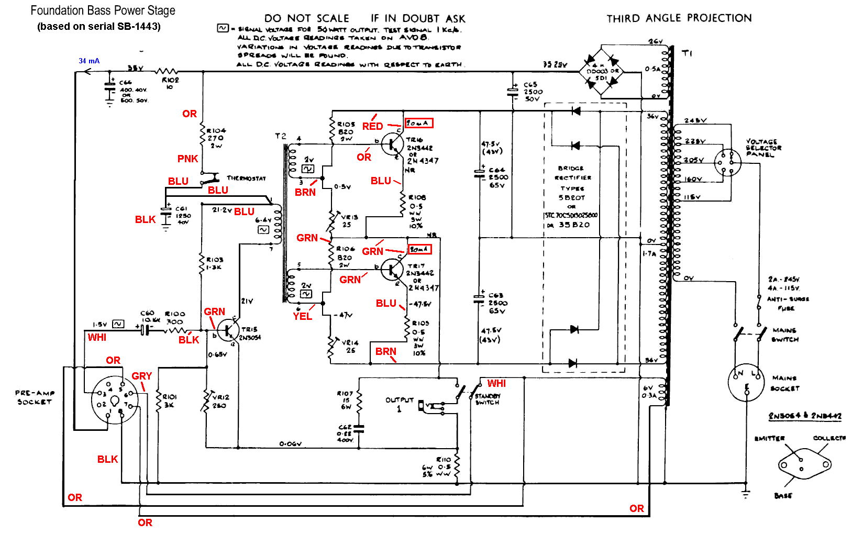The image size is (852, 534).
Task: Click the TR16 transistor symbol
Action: coord(392,143)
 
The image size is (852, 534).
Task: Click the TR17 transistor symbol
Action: coord(392,270)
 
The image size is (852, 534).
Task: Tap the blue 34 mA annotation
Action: coord(89,61)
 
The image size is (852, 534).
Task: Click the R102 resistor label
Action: coord(170,80)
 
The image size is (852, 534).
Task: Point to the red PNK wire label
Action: coord(187,159)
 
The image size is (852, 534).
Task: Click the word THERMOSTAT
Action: coord(246,179)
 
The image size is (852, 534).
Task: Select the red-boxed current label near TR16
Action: coord(419,123)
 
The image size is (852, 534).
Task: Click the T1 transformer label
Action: coord(687,53)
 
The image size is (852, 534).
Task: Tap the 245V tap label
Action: coord(695,120)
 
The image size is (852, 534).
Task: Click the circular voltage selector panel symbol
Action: coord(728,162)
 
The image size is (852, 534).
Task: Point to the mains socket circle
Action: coord(746,382)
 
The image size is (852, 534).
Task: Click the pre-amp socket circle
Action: coord(115,400)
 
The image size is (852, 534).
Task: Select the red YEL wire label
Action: coord(302,316)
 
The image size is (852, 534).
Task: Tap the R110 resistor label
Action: coord(444,459)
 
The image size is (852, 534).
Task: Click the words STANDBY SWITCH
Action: coord(488,399)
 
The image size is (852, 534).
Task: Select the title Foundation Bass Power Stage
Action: coord(103,10)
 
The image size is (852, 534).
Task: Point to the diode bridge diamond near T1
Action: coord(601,71)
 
